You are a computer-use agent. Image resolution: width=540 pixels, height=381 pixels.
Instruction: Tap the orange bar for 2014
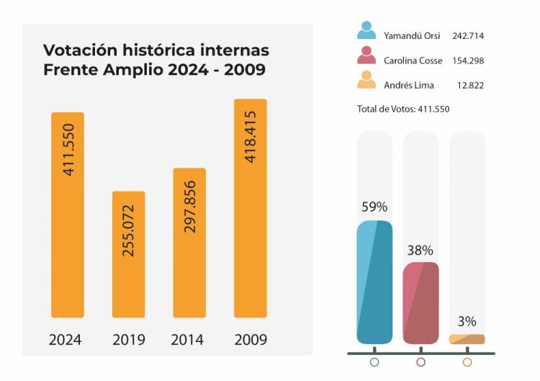click(189, 243)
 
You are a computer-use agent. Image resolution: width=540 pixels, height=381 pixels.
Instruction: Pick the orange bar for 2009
click(250, 208)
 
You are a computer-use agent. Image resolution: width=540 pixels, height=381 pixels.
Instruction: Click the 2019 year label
click(129, 339)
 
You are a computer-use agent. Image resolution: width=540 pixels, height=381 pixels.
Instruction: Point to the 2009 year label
click(250, 339)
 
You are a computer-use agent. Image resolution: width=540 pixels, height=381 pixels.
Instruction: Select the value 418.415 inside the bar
click(250, 136)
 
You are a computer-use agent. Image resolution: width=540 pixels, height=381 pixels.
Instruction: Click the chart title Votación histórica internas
click(156, 50)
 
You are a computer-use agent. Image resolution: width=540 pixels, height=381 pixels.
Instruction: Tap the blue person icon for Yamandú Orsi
click(366, 30)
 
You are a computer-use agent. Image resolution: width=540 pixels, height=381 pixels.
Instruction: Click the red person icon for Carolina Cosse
click(366, 55)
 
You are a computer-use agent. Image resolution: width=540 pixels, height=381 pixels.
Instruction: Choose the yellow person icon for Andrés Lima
click(366, 79)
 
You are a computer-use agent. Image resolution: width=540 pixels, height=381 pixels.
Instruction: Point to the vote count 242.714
click(468, 35)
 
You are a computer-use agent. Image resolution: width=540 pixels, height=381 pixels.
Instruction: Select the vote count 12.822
click(470, 85)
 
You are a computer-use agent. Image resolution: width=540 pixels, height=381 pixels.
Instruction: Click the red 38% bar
click(420, 302)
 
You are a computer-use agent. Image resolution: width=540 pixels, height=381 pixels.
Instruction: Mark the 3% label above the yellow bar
click(467, 321)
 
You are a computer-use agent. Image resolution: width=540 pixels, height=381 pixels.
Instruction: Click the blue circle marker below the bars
click(374, 362)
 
